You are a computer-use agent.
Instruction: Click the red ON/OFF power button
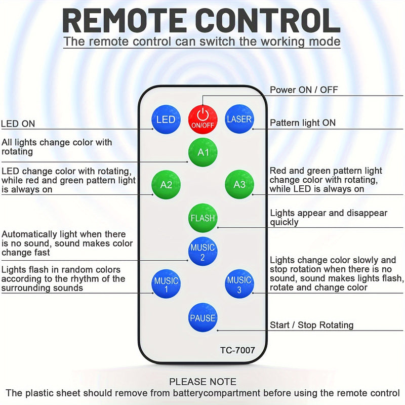(202, 119)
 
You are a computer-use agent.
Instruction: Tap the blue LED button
(166, 119)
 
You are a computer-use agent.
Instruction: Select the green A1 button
(202, 152)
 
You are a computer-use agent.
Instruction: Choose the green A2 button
(166, 185)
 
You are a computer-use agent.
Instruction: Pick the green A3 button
(239, 185)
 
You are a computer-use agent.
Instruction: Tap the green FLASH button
(202, 218)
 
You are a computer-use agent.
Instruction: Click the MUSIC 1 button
(166, 285)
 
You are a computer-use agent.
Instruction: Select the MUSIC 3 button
(239, 285)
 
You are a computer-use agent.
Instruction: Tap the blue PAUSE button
(202, 318)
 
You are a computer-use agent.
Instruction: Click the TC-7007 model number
(237, 350)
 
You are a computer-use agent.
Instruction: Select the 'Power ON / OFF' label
(304, 90)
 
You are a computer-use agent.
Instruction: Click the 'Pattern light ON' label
(303, 123)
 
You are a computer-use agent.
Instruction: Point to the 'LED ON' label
(18, 124)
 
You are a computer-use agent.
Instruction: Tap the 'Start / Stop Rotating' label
(312, 325)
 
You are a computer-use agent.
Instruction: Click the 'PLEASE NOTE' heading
(202, 382)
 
